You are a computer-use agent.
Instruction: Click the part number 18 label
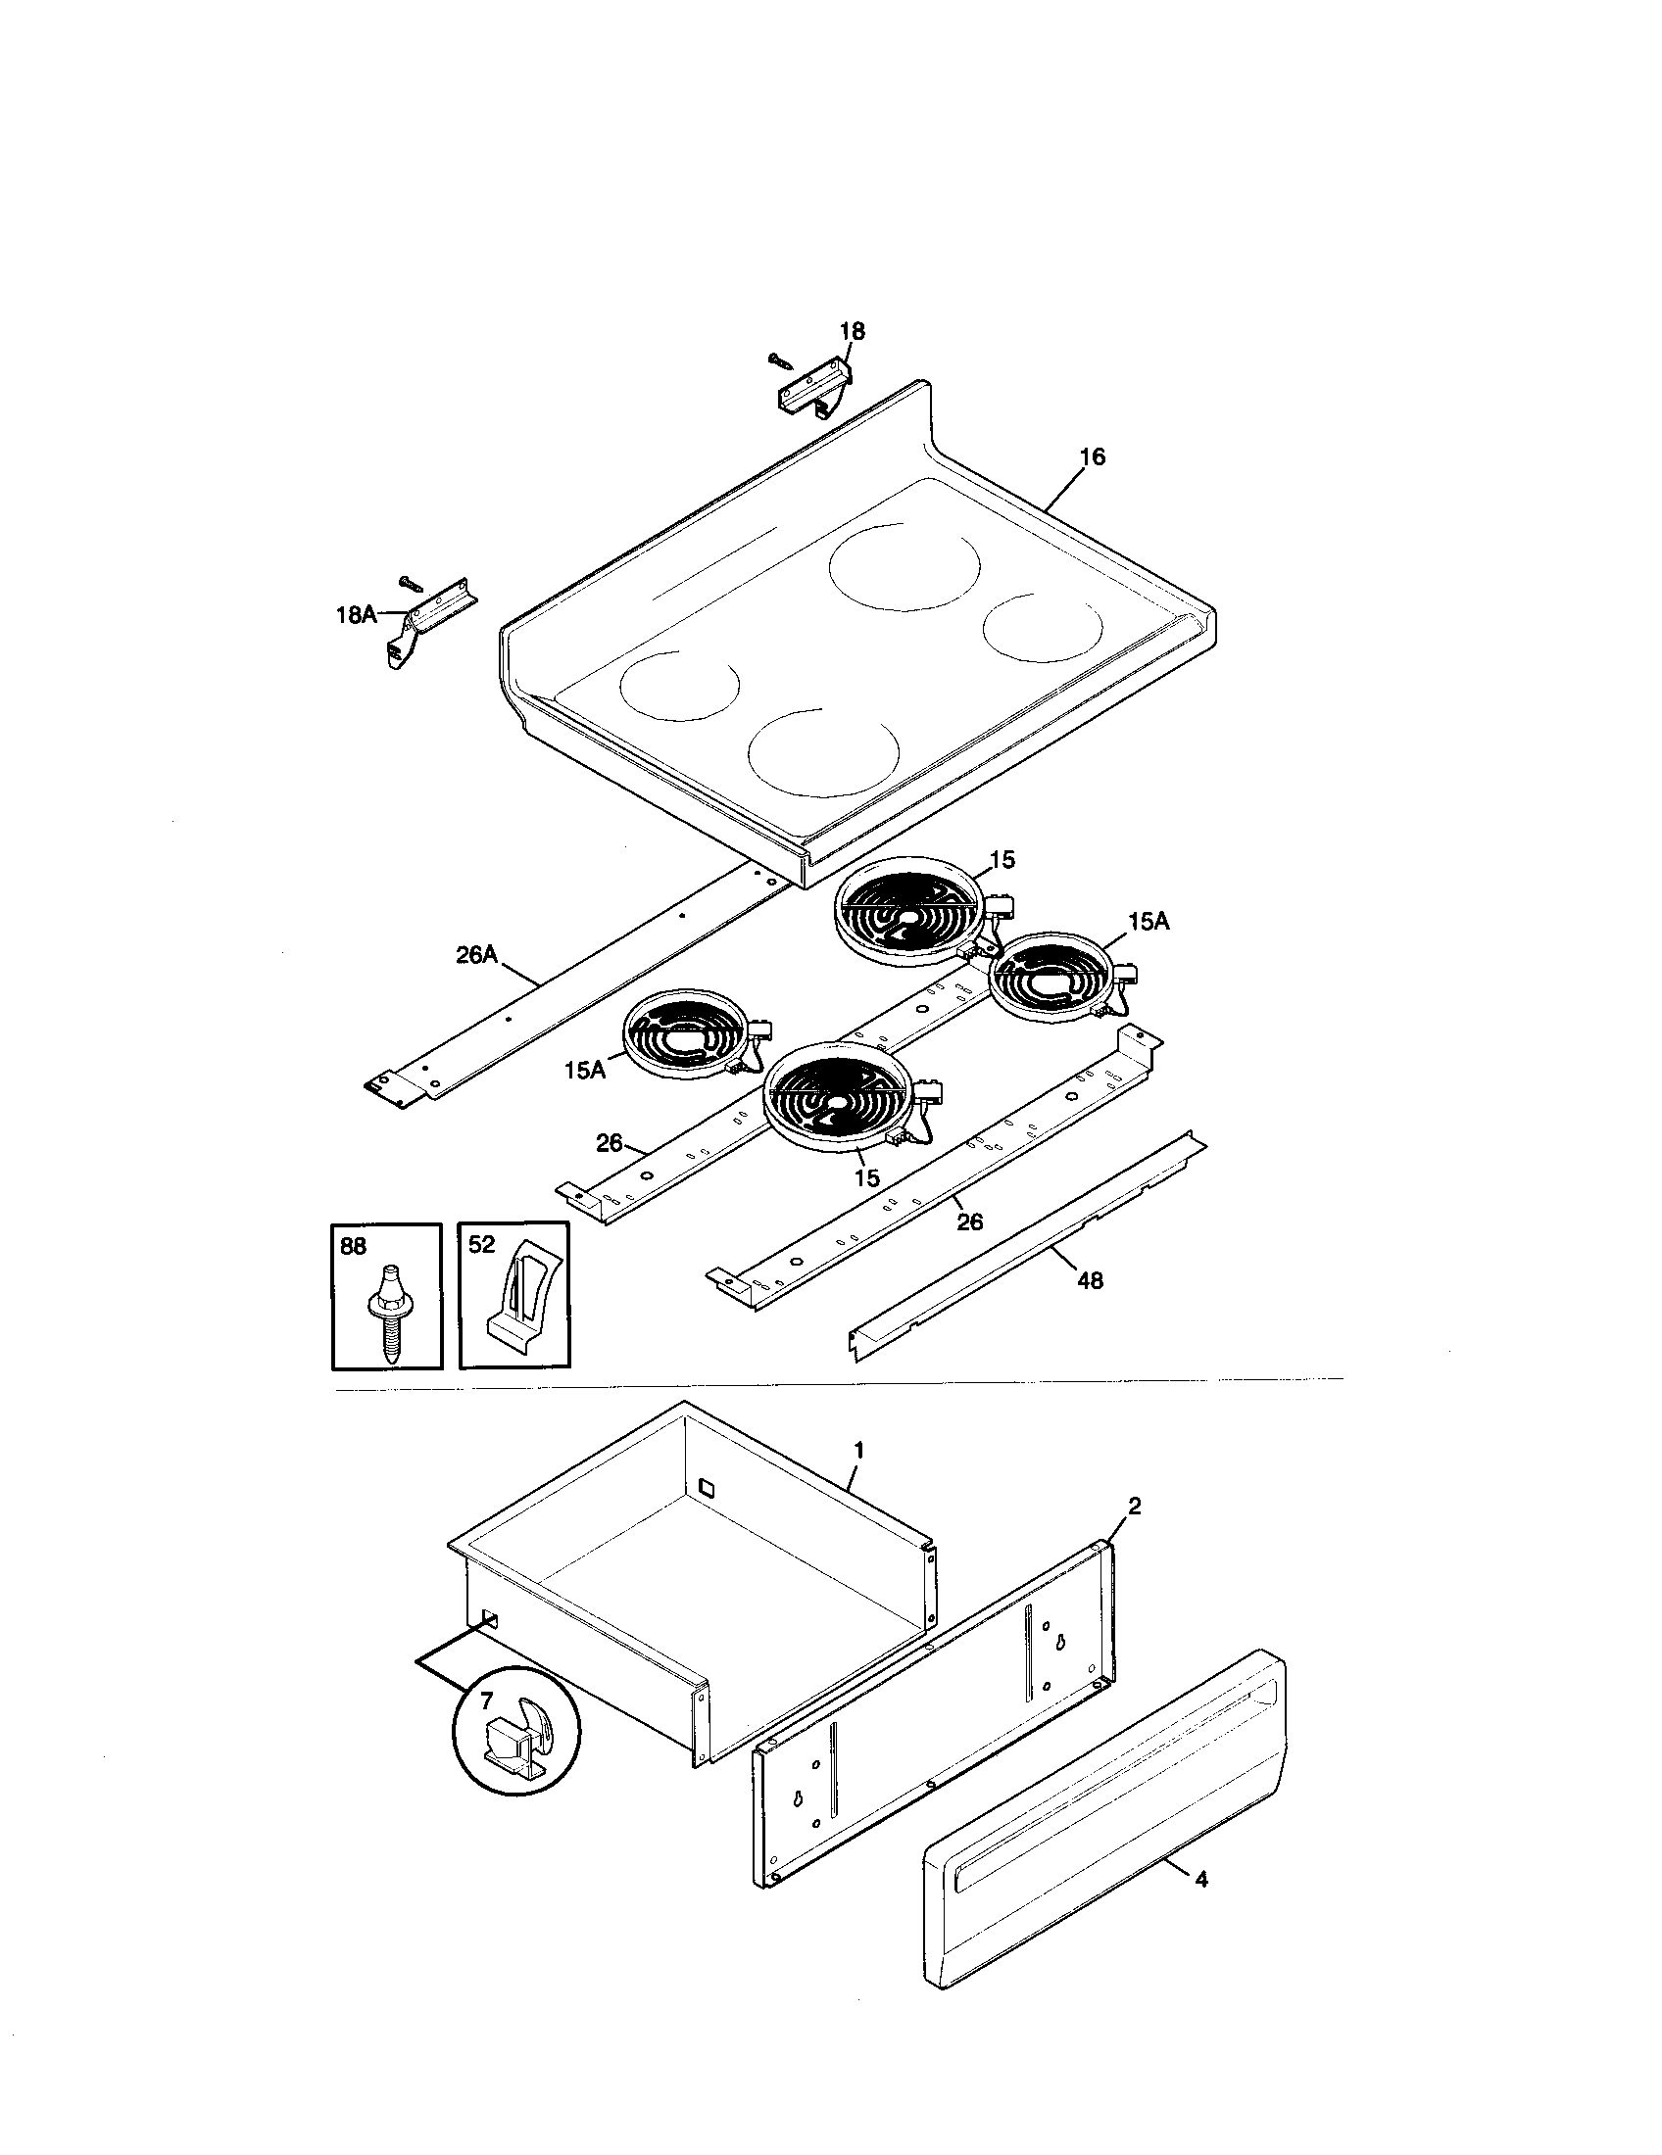coord(852,331)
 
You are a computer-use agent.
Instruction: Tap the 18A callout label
coord(357,615)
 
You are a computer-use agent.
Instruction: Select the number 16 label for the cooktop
coord(1092,456)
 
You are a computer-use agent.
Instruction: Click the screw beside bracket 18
coord(780,361)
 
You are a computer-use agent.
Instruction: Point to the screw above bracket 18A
coord(412,583)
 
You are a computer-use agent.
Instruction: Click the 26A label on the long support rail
coord(476,955)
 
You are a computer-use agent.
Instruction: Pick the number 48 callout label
coord(1091,1281)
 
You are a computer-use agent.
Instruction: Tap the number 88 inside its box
coord(354,1246)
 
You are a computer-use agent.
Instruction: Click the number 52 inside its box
coord(481,1245)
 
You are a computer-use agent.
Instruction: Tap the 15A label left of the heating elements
coord(585,1070)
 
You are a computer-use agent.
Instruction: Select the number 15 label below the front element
coord(865,1178)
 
